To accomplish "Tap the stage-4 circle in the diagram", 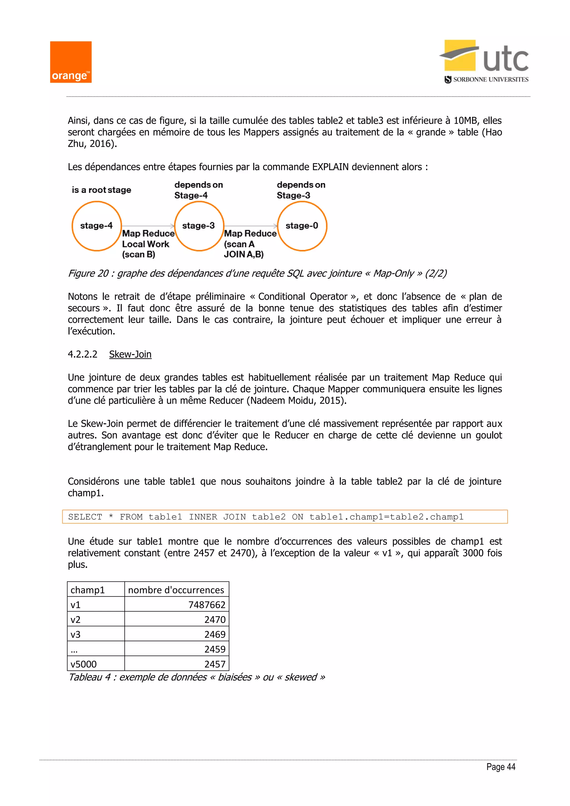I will pos(97,226).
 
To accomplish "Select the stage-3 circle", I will pos(199,226).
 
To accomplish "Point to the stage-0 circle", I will pos(302,226).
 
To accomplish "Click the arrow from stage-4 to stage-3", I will pos(148,226).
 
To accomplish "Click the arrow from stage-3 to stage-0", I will pos(250,226).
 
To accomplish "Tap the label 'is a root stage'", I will pos(101,190).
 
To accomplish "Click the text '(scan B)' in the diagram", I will pos(138,254).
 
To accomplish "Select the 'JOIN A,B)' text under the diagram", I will pos(244,254).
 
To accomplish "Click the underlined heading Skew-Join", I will pos(130,354).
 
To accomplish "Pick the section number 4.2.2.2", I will pos(82,354).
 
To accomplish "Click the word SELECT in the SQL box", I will pos(85,517).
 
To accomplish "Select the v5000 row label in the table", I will pos(83,664).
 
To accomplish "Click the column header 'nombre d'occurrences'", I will pos(176,590).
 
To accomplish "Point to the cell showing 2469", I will pos(215,634).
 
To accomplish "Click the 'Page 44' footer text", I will pos(500,767).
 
